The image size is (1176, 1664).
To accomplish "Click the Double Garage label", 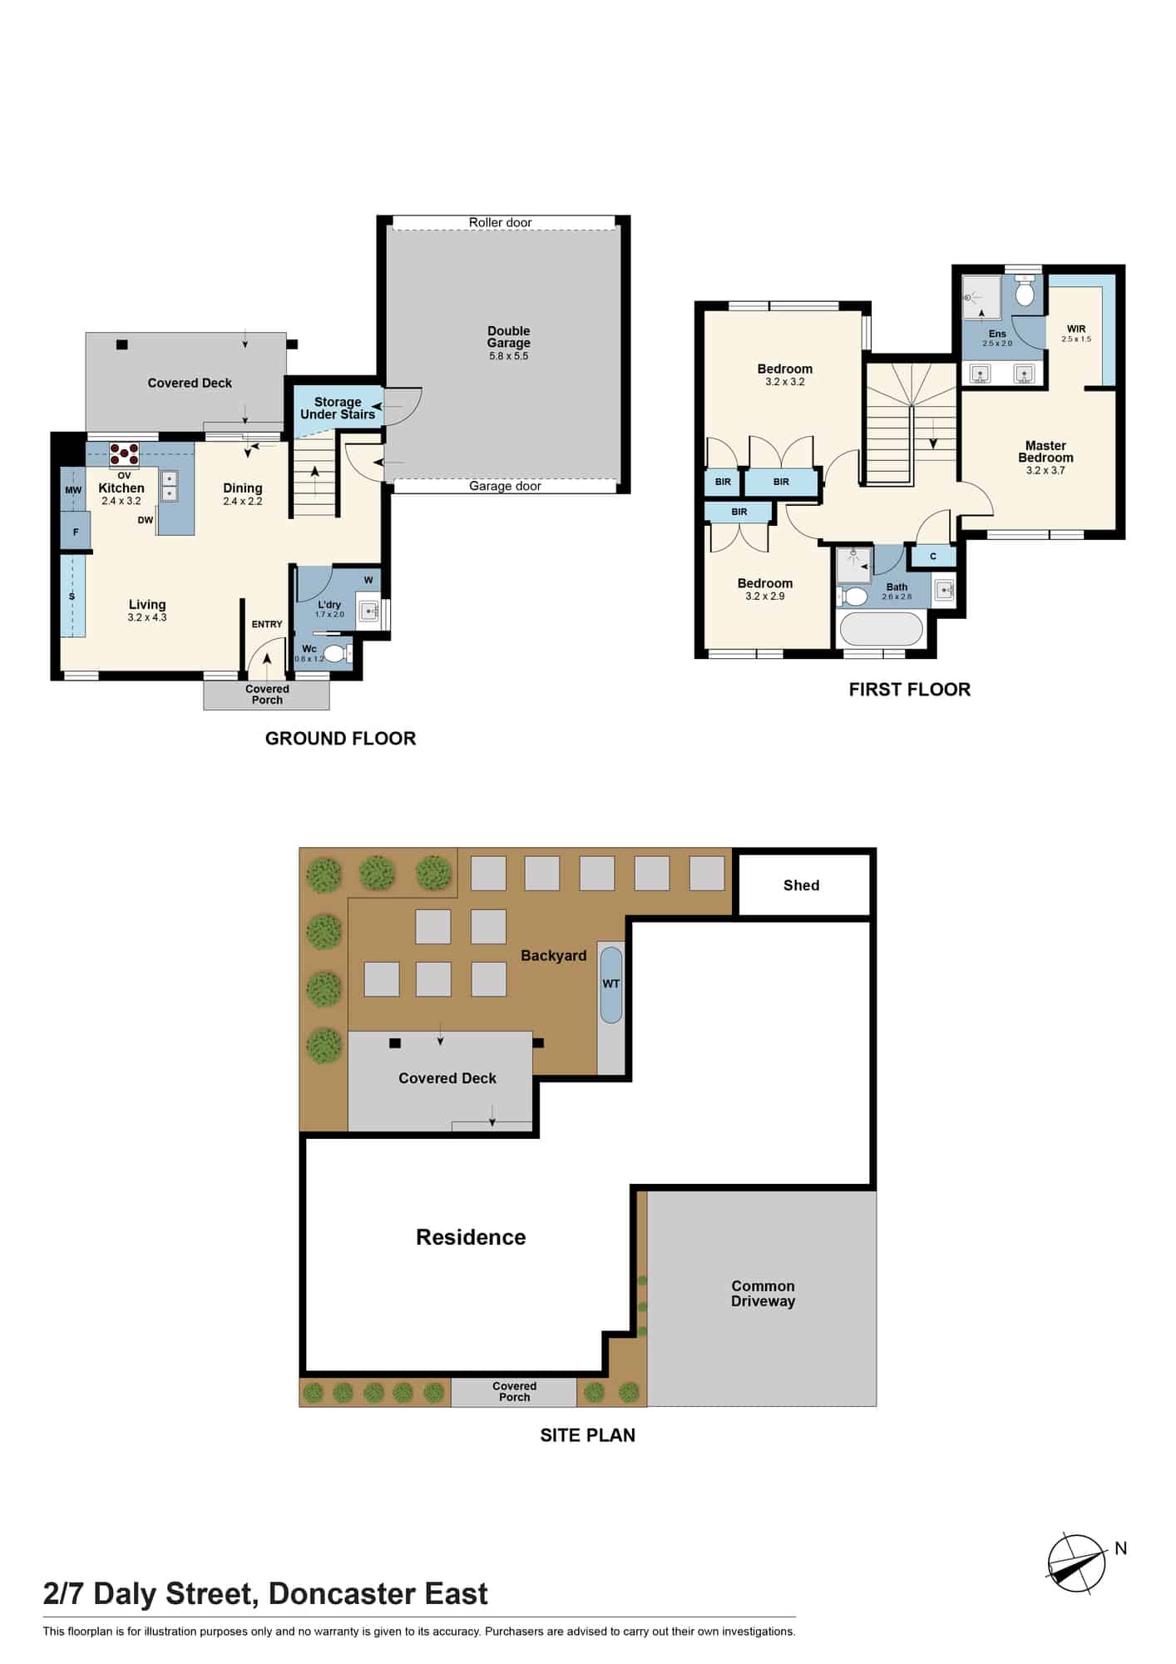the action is coord(508,337).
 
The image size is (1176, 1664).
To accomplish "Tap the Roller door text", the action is coord(500,222).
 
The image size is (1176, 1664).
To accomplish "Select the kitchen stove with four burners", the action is coord(124,454).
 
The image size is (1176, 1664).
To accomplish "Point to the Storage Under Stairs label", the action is coord(338,408).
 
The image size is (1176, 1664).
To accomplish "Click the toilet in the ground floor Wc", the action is coord(336,653).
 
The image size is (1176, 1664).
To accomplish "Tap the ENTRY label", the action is coord(267,624).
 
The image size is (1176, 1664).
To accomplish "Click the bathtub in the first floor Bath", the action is coord(882,629).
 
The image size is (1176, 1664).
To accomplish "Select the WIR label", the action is coord(1076,329).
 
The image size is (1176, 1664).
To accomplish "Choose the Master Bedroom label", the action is coord(1045,452).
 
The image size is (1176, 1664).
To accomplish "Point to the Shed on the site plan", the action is coord(802,885).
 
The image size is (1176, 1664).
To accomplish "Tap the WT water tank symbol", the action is coord(611,984).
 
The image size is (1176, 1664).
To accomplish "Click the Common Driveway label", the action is coord(763,1294).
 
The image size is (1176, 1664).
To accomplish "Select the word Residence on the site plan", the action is coord(471,1237).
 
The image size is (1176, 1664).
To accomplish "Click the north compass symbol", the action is coord(1077,1564).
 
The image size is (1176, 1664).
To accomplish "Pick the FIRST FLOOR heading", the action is coord(909,690).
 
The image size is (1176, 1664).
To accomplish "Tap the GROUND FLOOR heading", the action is coord(340,739).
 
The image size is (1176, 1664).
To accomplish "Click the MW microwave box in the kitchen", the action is coord(73,490).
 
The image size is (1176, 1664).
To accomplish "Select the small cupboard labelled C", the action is coord(932,556).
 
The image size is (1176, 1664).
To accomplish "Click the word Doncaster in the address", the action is coord(342,1593).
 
